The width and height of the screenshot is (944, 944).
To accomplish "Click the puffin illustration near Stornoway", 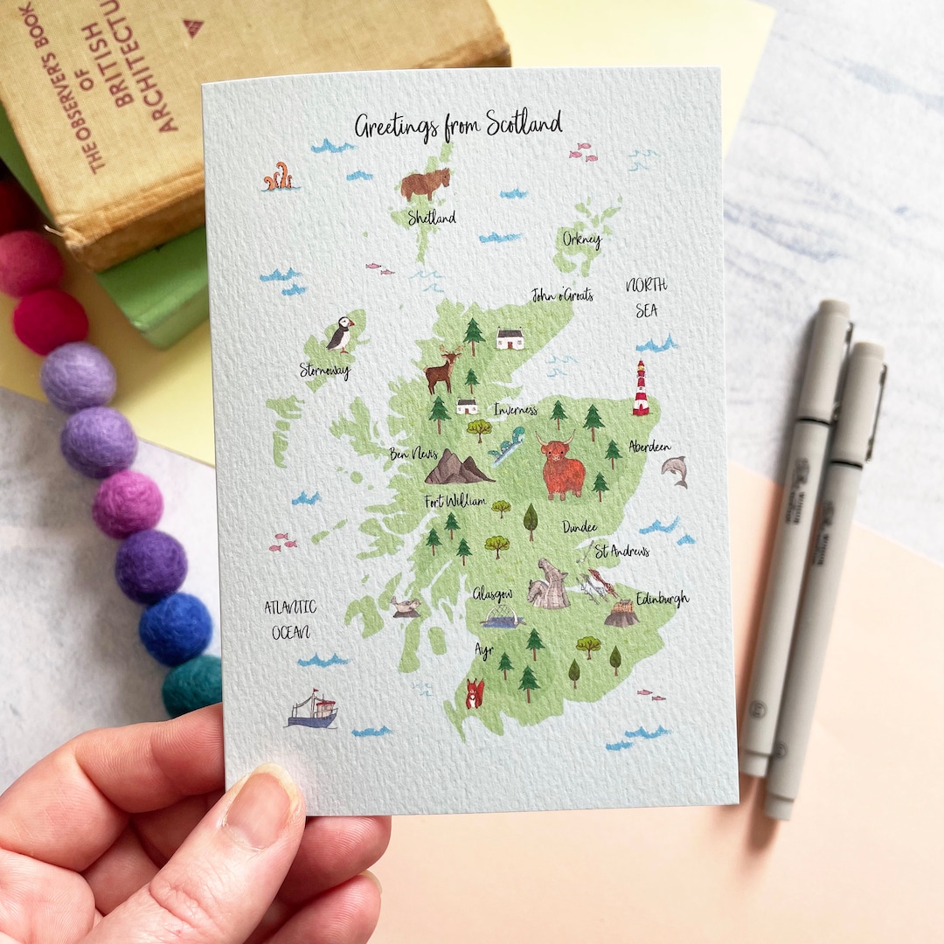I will click(341, 335).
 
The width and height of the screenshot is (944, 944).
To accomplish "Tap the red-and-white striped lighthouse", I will click(642, 388).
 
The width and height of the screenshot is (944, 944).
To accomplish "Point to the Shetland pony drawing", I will click(426, 184).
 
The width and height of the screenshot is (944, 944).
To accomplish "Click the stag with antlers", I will click(442, 371).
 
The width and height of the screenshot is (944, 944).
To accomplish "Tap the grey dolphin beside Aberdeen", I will click(676, 470).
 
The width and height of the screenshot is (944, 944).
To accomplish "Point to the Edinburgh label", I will click(662, 600).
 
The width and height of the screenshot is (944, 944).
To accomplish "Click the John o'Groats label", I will click(562, 295).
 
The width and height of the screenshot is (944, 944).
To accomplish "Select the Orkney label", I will click(582, 239).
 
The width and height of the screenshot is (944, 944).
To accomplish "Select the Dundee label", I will click(580, 527).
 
